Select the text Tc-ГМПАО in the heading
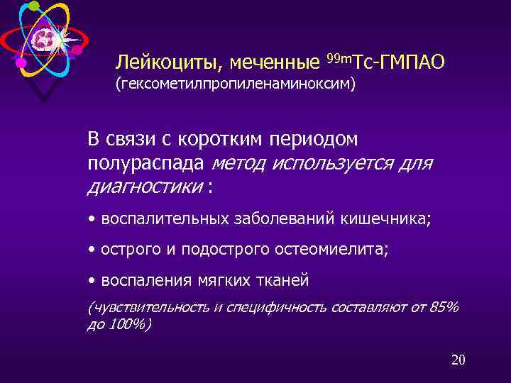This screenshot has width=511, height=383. click(x=402, y=62)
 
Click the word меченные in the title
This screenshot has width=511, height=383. click(x=270, y=63)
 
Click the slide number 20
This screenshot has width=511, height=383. click(x=458, y=360)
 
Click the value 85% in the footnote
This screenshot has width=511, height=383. click(x=445, y=307)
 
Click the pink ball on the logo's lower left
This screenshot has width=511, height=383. click(x=21, y=63)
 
